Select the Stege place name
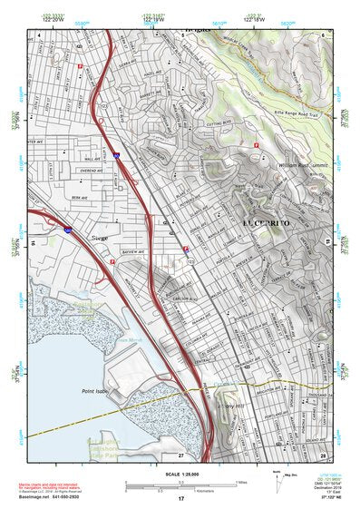pos(100,240)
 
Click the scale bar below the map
pos(180,485)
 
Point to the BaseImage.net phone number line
pos(47,498)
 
